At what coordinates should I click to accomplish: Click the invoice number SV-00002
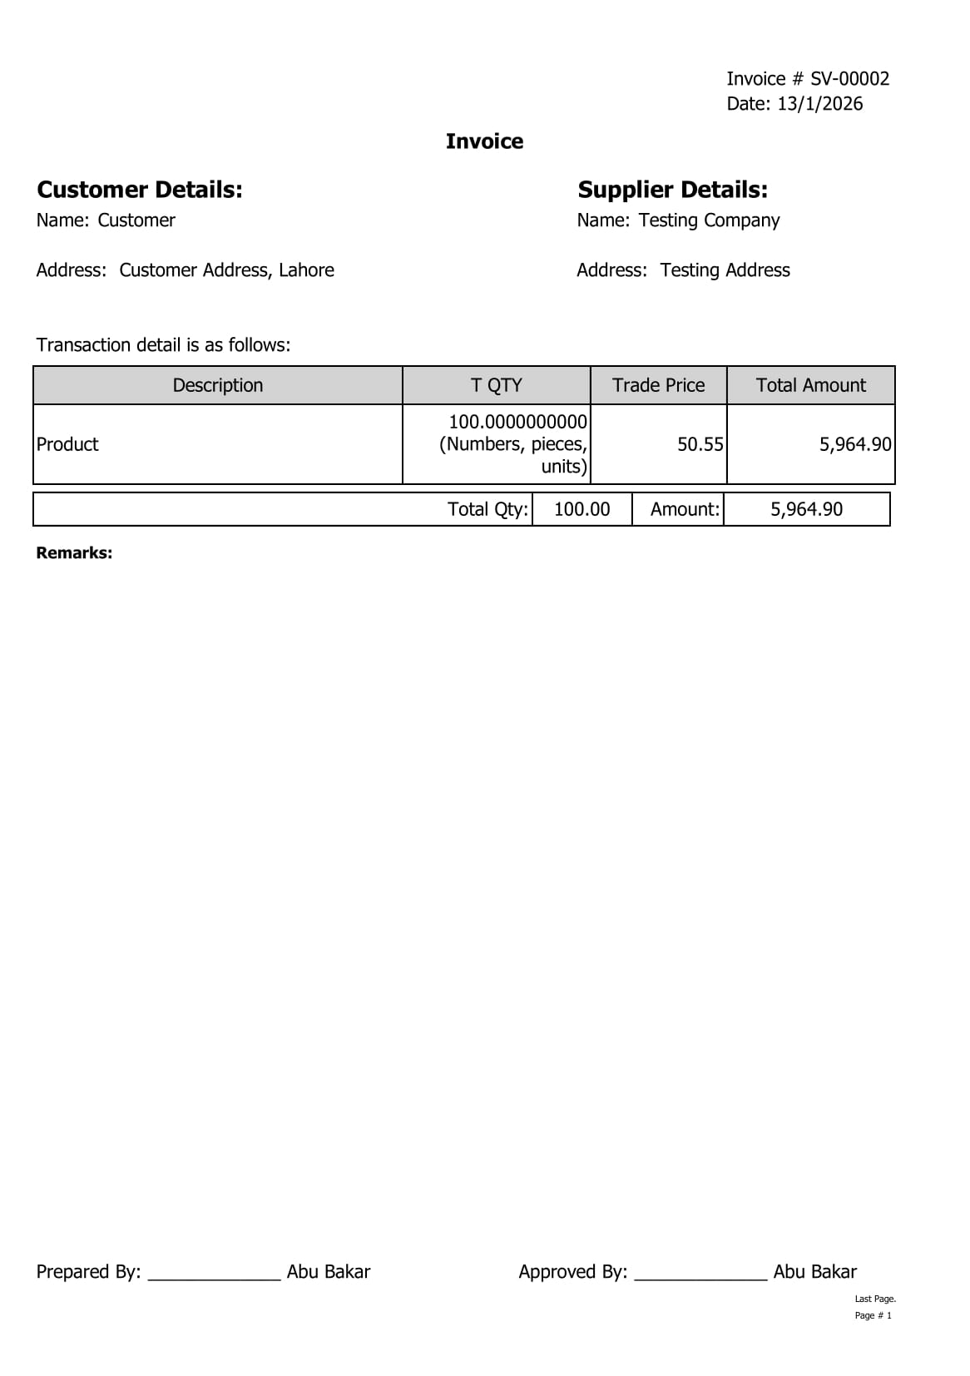click(849, 79)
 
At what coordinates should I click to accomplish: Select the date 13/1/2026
click(819, 104)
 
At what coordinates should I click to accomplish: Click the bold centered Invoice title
click(484, 141)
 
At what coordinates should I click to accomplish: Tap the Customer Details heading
click(140, 190)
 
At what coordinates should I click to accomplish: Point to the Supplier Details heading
click(672, 190)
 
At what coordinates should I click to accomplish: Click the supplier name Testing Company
click(709, 220)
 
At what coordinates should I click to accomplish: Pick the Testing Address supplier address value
click(725, 270)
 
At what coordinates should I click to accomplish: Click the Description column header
click(218, 385)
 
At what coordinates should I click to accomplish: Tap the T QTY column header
click(496, 385)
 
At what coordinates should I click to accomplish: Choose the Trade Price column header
click(658, 385)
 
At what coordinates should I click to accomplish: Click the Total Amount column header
click(810, 385)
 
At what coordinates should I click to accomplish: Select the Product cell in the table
click(67, 444)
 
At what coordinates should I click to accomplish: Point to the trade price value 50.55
click(700, 444)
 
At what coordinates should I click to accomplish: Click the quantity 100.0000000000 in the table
click(517, 422)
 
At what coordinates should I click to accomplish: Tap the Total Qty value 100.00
click(582, 509)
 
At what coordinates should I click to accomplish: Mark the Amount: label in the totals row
click(685, 509)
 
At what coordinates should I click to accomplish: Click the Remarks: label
click(74, 553)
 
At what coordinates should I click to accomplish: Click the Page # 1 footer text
click(873, 1315)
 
